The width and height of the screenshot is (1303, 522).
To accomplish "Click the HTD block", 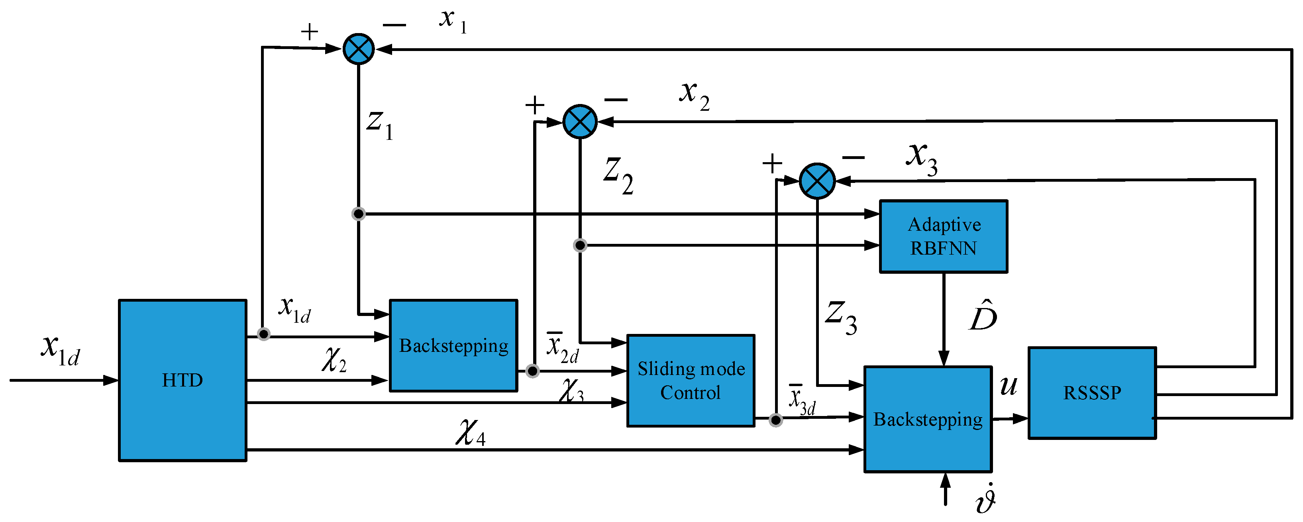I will pyautogui.click(x=182, y=381).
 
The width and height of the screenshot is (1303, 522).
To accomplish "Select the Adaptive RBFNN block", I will pyautogui.click(x=943, y=236).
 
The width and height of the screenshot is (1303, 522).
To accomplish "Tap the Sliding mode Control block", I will pyautogui.click(x=691, y=381).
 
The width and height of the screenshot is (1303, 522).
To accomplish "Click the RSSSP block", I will pyautogui.click(x=1092, y=392).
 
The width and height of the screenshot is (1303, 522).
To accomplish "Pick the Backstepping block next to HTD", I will pyautogui.click(x=453, y=345).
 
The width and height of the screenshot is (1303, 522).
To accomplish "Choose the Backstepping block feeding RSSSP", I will pyautogui.click(x=928, y=419).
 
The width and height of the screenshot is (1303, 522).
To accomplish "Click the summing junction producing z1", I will pyautogui.click(x=359, y=49).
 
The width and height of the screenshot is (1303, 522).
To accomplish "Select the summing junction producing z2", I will pyautogui.click(x=580, y=122).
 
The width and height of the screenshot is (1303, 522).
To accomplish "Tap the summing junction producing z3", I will pyautogui.click(x=817, y=181).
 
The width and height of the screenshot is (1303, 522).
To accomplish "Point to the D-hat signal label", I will pyautogui.click(x=983, y=316).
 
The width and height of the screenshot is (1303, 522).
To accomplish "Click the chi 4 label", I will pyautogui.click(x=471, y=433).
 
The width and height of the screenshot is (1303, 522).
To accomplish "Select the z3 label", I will pyautogui.click(x=841, y=318).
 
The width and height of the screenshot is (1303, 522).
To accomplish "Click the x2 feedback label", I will pyautogui.click(x=694, y=96).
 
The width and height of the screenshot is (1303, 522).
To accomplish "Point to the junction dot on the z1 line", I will pyautogui.click(x=358, y=214).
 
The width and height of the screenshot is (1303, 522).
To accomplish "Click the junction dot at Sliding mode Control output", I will pyautogui.click(x=775, y=420).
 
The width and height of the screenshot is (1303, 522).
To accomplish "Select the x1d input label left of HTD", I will pyautogui.click(x=60, y=350).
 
